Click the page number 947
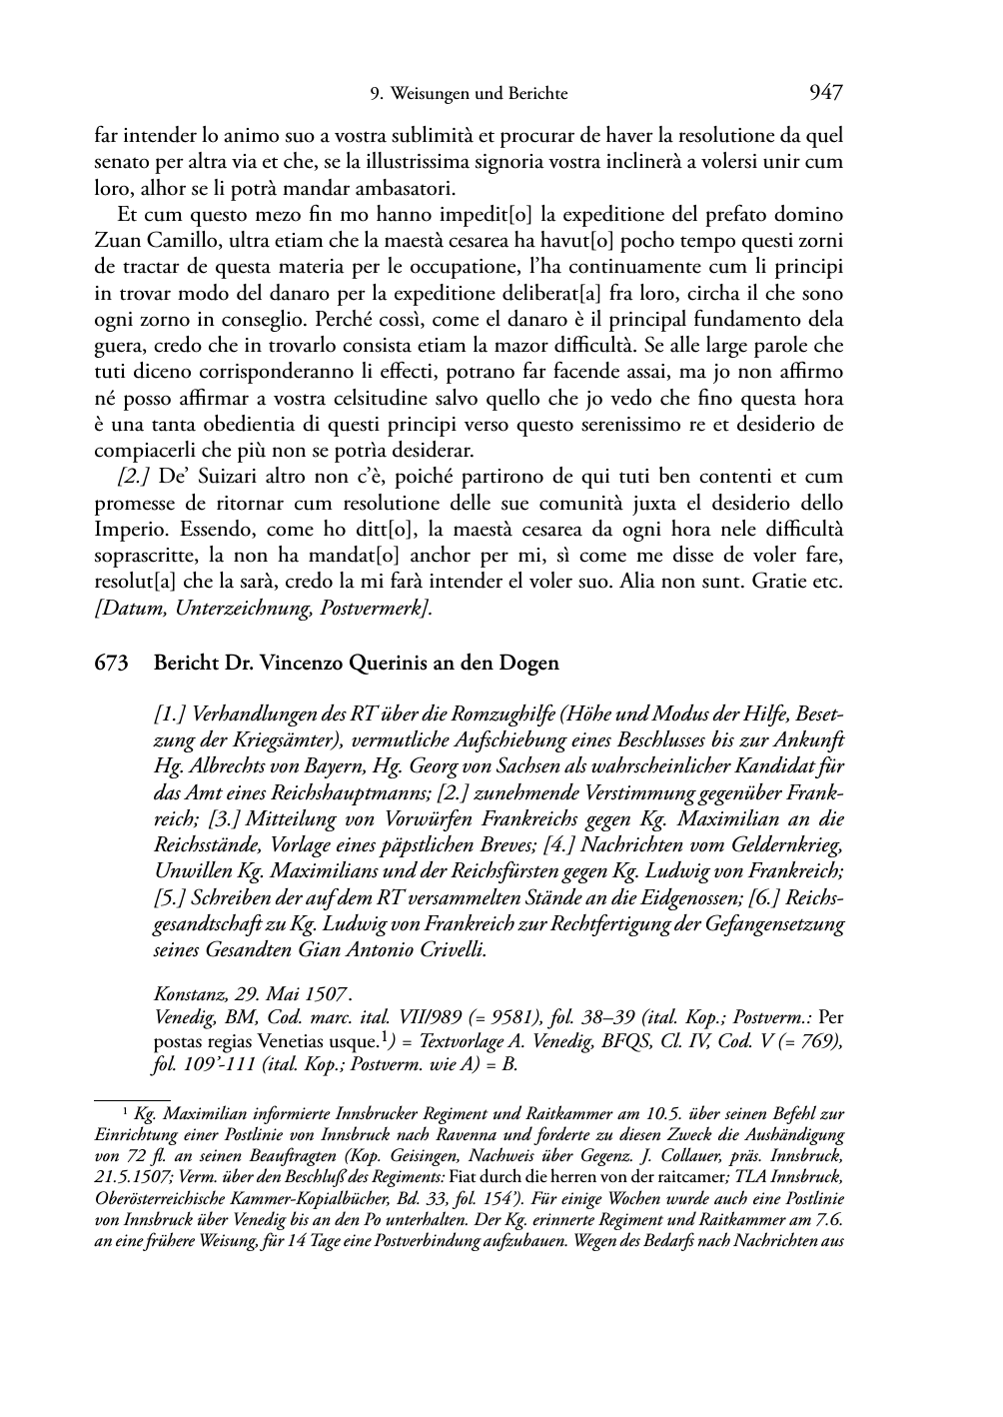pyautogui.click(x=826, y=93)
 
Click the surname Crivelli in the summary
pyautogui.click(x=448, y=949)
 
